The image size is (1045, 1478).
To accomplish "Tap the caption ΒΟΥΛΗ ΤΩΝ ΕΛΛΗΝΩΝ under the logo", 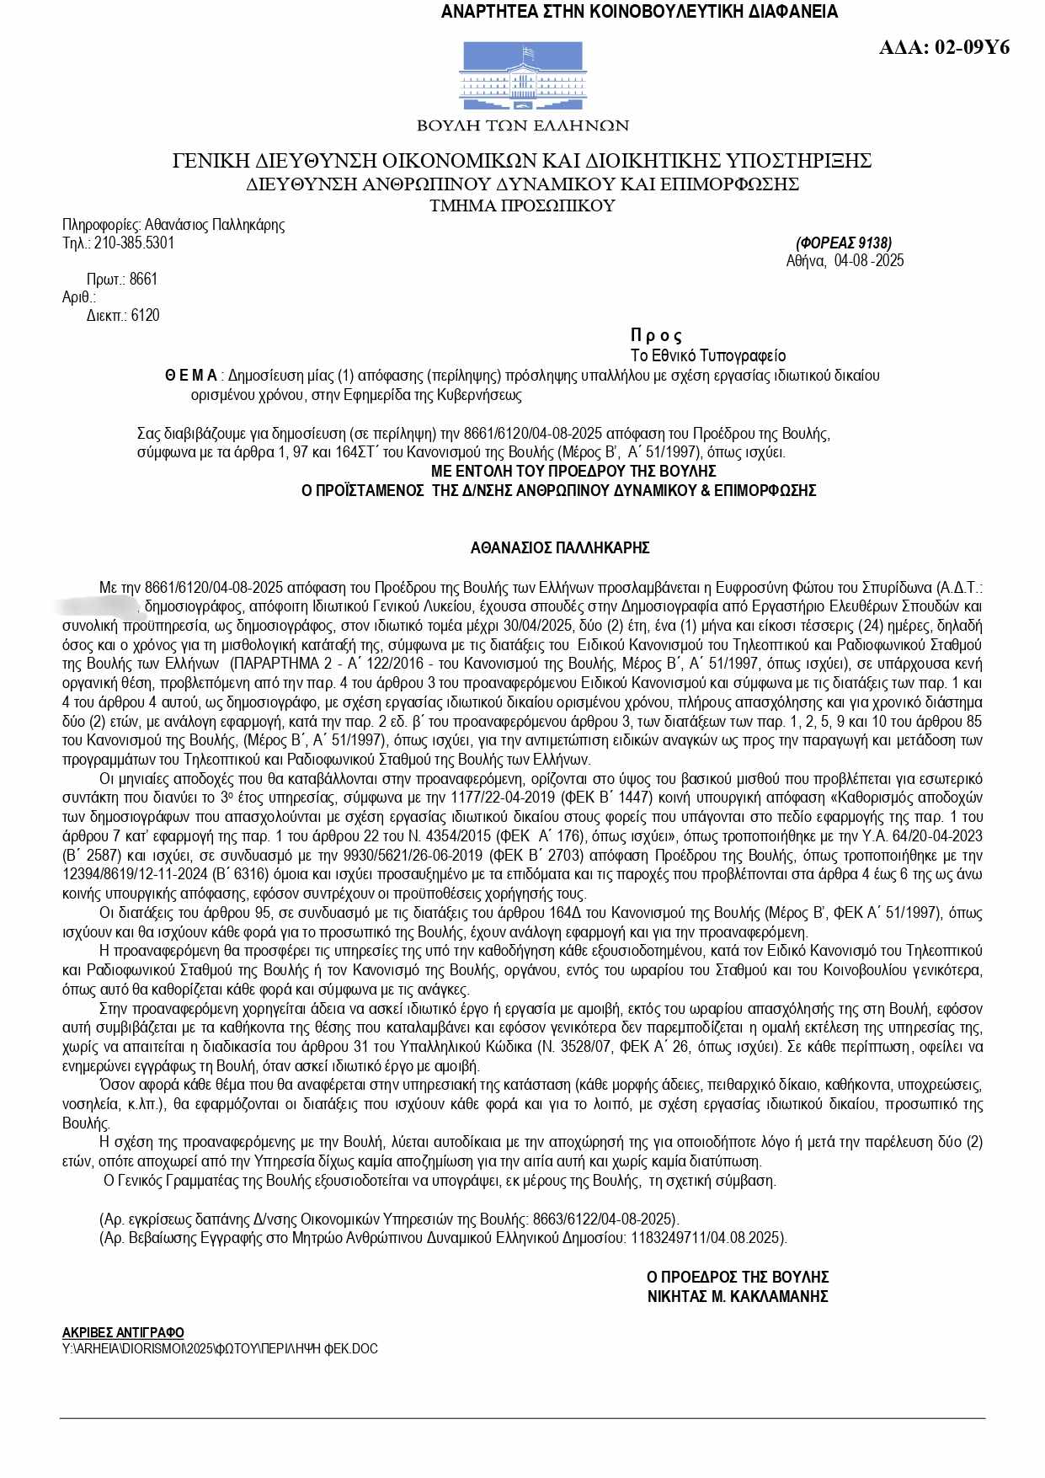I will [523, 125].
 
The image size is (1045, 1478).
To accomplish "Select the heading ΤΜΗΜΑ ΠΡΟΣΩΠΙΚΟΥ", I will [522, 205].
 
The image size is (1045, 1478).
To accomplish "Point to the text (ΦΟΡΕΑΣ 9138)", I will [843, 243].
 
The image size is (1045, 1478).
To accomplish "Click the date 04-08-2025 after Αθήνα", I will [869, 261].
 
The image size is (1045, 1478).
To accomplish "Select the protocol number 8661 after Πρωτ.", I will [143, 280].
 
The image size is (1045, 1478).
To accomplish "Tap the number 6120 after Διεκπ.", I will [145, 316].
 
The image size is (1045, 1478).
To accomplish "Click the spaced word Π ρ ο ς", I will [656, 335].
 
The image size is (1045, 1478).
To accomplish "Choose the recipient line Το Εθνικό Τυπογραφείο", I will [708, 355].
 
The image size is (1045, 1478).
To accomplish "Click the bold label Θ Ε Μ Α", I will [190, 376].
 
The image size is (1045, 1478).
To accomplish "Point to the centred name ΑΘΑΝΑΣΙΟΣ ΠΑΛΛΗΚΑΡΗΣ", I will [560, 548].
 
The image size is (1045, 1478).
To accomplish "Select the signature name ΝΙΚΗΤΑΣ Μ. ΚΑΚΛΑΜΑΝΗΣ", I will [738, 1296].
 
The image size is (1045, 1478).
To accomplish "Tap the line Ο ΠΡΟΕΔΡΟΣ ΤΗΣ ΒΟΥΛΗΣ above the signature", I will [738, 1277].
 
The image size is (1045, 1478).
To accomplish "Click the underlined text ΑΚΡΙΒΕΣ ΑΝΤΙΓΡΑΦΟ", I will [123, 1332].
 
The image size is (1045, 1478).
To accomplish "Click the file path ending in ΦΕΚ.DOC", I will [220, 1348].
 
